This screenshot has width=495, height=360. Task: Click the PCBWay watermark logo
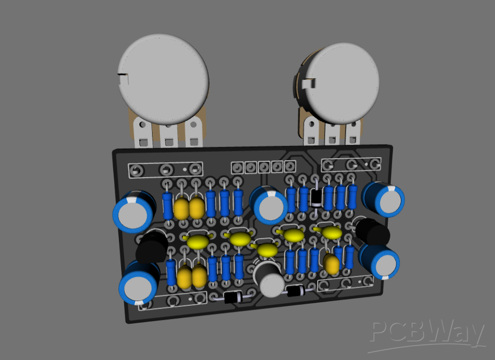(427, 334)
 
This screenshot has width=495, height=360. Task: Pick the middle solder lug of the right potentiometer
(332, 132)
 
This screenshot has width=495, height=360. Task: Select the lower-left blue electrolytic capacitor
(138, 284)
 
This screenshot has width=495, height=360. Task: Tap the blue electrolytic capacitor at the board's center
(270, 205)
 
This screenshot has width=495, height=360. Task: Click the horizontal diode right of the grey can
(295, 291)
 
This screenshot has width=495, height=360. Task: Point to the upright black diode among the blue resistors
(316, 197)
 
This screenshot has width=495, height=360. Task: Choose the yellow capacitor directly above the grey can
(267, 250)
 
